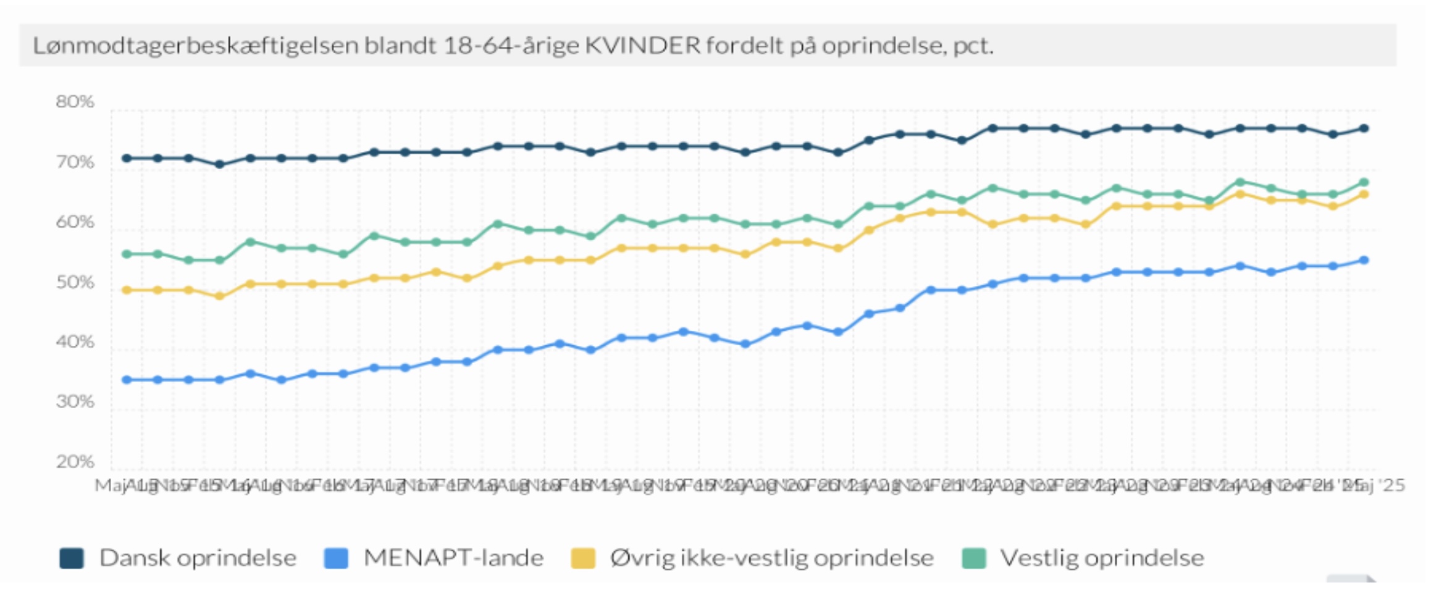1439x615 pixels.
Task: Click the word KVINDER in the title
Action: coord(642,46)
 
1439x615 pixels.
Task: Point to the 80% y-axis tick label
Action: coord(75,102)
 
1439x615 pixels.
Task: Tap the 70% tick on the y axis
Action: coord(75,162)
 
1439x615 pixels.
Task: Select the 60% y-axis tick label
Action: coord(75,222)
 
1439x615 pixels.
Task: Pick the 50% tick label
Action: coord(75,283)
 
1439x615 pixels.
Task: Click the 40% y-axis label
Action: coord(75,342)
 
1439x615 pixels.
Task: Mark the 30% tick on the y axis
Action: coord(75,402)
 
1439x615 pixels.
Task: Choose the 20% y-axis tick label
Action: coord(75,462)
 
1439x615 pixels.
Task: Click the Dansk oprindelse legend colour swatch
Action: coord(72,558)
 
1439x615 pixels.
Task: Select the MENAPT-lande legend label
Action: coord(453,558)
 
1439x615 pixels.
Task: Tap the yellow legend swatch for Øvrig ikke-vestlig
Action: coord(583,558)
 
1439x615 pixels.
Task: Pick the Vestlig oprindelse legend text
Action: coord(1102,558)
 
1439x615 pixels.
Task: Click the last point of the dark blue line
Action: coord(1364,128)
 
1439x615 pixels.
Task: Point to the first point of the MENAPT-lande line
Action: coord(127,380)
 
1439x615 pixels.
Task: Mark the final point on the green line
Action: coord(1364,182)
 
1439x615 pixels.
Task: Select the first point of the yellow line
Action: coord(127,290)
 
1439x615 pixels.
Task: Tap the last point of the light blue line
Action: coord(1364,260)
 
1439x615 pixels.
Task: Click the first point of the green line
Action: coord(127,254)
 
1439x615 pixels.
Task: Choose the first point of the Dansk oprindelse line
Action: coord(127,158)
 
